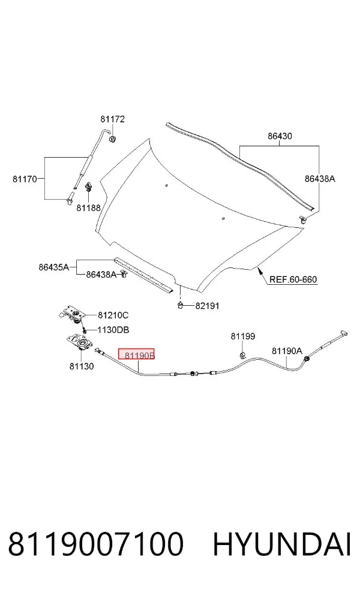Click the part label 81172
click(x=112, y=119)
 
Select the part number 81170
click(x=25, y=179)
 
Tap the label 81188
click(x=88, y=207)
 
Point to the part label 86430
click(x=280, y=136)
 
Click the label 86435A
click(x=54, y=267)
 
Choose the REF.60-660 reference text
click(x=293, y=279)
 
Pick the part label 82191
click(x=207, y=306)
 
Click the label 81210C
click(x=113, y=315)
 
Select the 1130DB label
click(x=113, y=330)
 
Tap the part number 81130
click(x=82, y=366)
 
